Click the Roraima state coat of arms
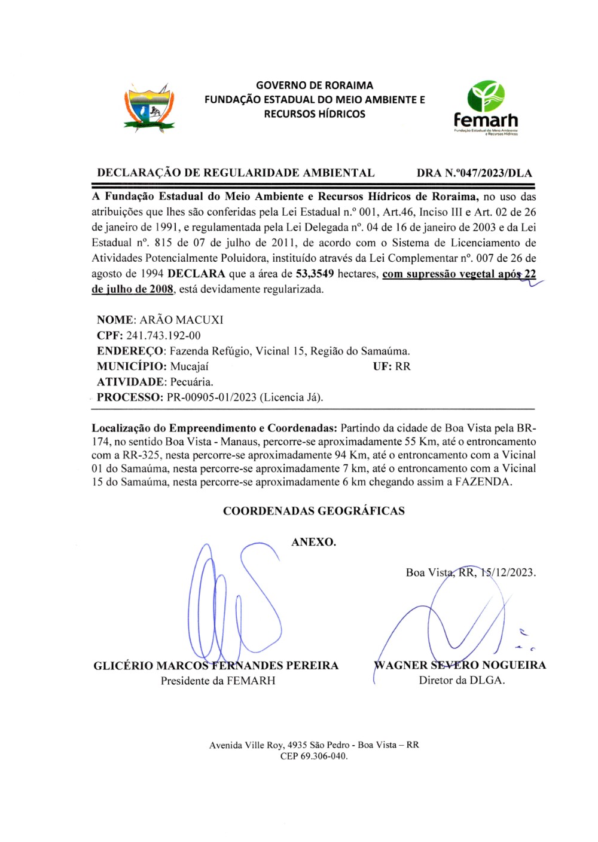[x=149, y=107]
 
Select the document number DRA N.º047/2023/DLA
[x=474, y=173]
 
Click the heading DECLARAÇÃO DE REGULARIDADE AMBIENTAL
[x=236, y=173]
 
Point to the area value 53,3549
[x=315, y=274]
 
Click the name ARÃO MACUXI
[x=181, y=320]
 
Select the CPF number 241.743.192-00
[x=163, y=335]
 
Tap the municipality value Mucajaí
[x=189, y=366]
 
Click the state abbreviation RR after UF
[x=403, y=366]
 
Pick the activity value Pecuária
[x=191, y=382]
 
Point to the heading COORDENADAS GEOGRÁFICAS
[x=313, y=511]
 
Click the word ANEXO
[x=313, y=542]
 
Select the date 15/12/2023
[x=508, y=572]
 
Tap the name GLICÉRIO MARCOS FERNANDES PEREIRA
[x=216, y=666]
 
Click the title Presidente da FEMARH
[x=218, y=681]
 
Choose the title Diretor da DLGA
[x=462, y=680]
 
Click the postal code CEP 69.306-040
[x=313, y=756]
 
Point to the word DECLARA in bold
[x=196, y=274]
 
